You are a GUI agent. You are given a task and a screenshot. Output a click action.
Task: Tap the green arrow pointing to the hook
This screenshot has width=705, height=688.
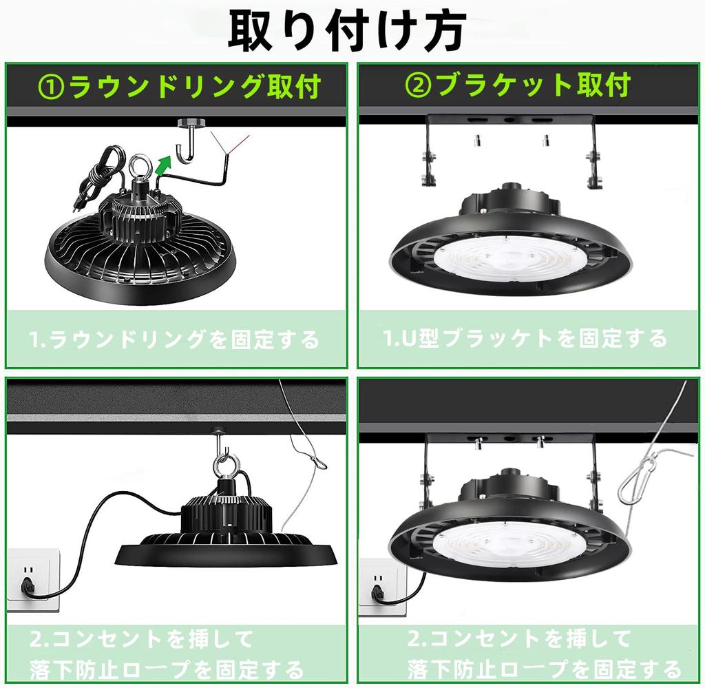(x=162, y=165)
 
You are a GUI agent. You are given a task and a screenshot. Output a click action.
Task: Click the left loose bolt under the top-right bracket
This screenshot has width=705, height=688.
(x=475, y=141)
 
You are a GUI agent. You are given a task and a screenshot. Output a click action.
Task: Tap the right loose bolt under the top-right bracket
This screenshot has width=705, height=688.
(x=545, y=141)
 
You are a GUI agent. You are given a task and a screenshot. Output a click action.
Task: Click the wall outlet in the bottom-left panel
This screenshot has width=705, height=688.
(x=32, y=578)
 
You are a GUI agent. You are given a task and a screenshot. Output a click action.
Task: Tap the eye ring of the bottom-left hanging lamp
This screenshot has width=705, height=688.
(x=225, y=466)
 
